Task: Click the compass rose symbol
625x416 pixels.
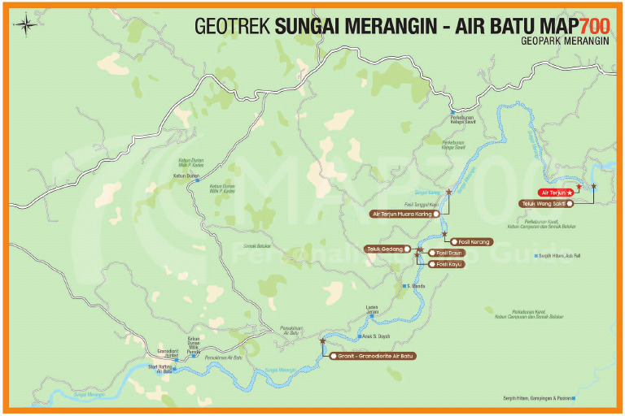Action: pos(26,24)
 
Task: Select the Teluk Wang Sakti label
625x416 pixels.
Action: pos(544,203)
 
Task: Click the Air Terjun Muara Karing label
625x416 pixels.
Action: pos(403,214)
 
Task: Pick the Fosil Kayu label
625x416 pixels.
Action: pos(448,264)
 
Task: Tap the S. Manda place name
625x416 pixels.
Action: pos(416,286)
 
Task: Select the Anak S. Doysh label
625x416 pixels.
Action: pos(376,336)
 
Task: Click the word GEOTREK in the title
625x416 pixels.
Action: pos(233,25)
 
